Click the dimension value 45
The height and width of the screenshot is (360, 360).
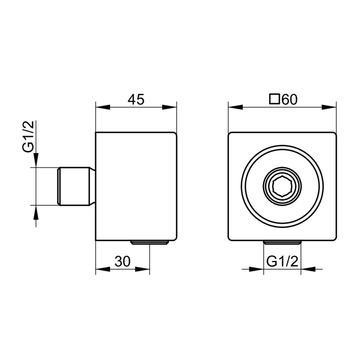tap(136, 99)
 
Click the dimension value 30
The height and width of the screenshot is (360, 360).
tap(123, 261)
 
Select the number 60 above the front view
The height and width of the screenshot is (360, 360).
tap(289, 100)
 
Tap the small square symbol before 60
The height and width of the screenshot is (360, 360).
tap(275, 99)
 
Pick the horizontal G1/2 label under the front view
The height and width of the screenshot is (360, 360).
tap(282, 262)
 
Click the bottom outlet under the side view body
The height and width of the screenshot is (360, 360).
tap(150, 242)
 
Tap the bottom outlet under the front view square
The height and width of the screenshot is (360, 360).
tap(282, 242)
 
